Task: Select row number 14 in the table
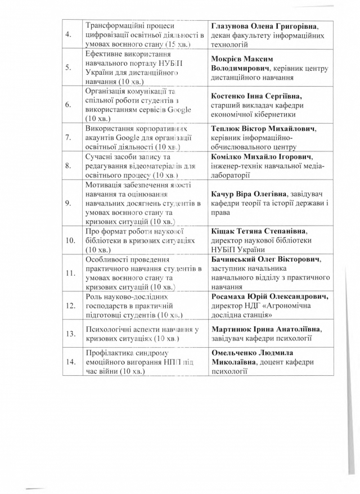[70, 362]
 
